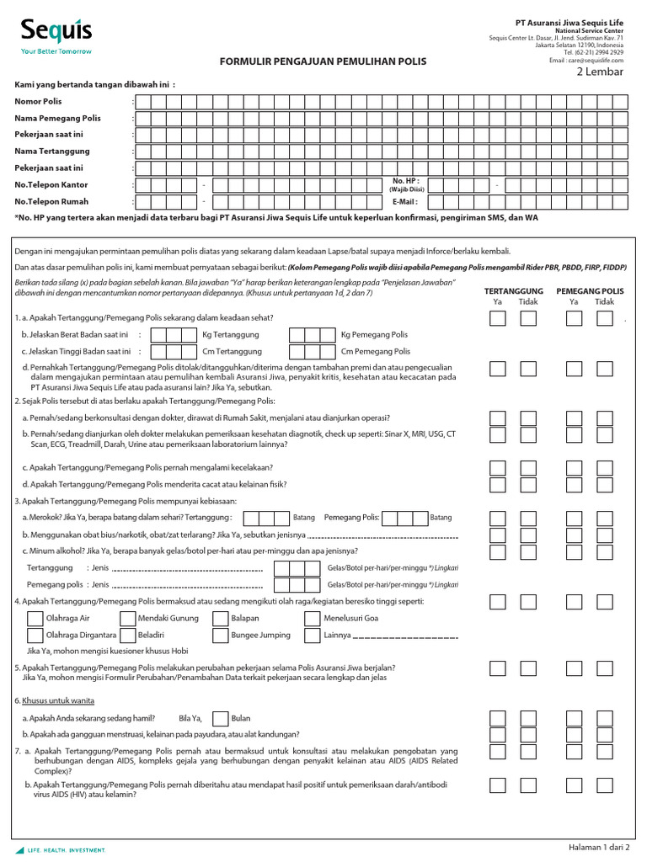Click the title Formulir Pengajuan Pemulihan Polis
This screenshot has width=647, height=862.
tap(323, 61)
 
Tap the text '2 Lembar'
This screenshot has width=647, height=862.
tap(600, 72)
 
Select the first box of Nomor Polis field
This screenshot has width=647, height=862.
tap(143, 102)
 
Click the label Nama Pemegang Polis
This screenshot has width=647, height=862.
tap(57, 119)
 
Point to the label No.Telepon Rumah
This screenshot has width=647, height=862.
tap(51, 202)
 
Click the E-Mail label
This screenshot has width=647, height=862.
tap(404, 202)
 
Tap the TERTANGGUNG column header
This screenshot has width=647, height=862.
tap(514, 290)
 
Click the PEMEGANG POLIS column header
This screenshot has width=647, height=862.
tap(590, 290)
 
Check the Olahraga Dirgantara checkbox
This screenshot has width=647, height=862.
tap(35, 635)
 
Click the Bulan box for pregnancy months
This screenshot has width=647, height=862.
tap(220, 718)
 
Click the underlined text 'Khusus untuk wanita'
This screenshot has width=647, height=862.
tap(58, 700)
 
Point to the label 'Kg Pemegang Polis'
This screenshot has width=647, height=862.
tap(374, 335)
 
